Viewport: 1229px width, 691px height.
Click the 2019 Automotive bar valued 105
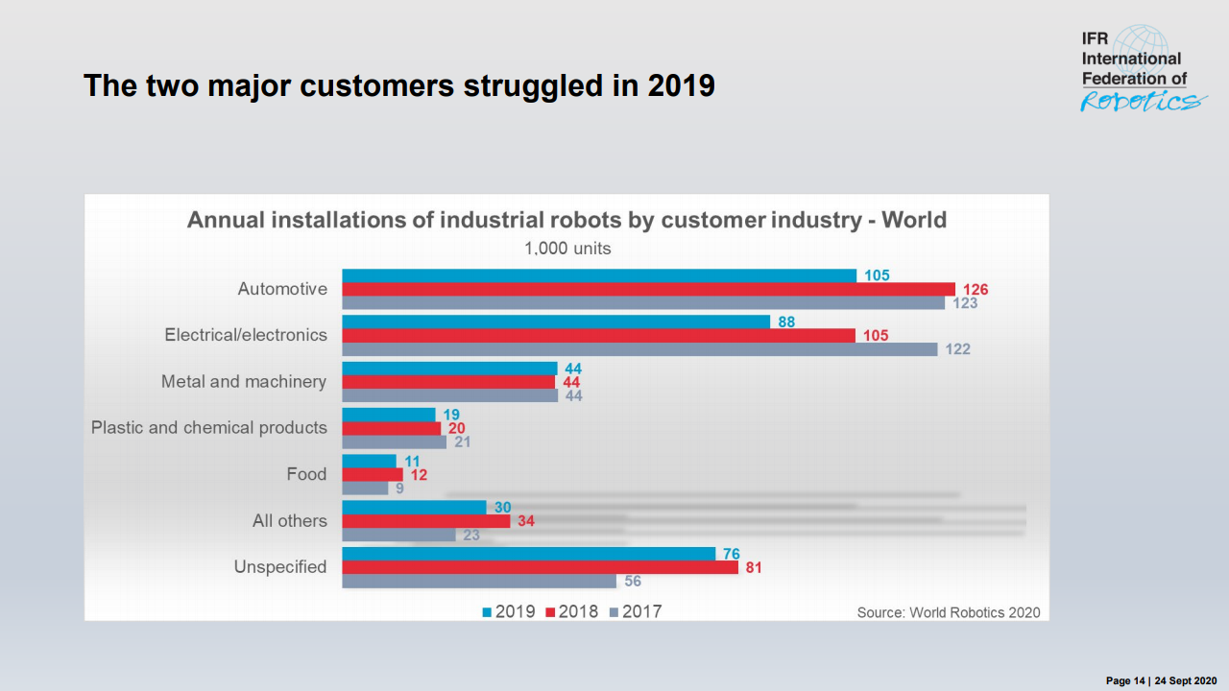pos(599,275)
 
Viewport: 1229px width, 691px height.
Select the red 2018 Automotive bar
pos(648,289)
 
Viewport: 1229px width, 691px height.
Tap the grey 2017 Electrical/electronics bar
pos(639,349)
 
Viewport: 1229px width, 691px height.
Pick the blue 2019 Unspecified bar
pos(528,554)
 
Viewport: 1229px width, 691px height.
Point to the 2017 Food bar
pos(365,488)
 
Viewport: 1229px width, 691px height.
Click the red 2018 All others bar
pos(426,521)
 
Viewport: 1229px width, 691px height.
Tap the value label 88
pos(786,322)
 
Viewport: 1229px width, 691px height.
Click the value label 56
pos(632,582)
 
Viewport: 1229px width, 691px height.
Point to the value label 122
pos(957,349)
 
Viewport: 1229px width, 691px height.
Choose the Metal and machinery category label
pos(244,382)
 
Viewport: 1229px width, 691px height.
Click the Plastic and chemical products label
pos(209,428)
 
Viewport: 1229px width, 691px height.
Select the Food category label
pos(306,474)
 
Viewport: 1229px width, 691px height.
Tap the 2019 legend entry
pos(509,611)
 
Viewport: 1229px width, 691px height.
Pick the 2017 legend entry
pos(636,611)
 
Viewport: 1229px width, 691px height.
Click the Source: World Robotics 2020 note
pos(948,612)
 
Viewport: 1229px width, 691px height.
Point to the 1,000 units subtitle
pos(567,249)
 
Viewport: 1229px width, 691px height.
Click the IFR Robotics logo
pos(1139,70)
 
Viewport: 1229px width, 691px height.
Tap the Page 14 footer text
pos(1126,680)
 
